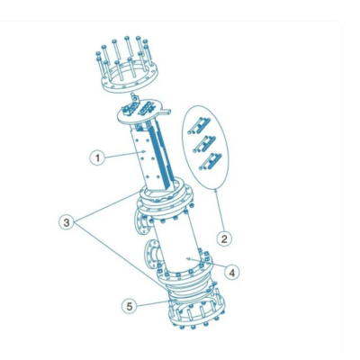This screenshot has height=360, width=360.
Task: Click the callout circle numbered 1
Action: coord(95,157)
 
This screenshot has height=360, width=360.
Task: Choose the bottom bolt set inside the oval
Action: coord(211,161)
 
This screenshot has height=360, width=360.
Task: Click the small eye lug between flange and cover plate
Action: coord(136,95)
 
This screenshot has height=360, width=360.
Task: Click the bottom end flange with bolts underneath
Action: coord(193,310)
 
